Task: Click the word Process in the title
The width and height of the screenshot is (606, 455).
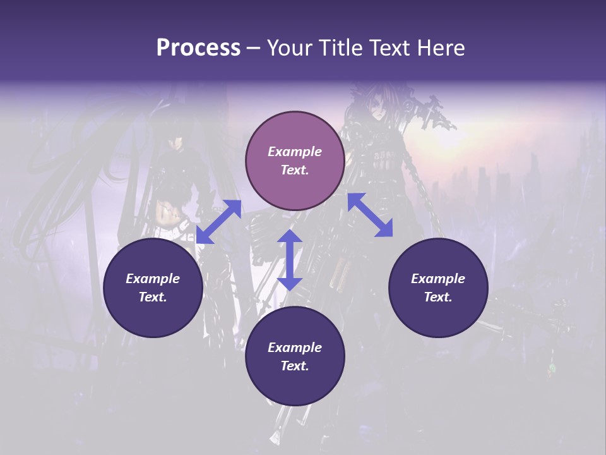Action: [x=198, y=48]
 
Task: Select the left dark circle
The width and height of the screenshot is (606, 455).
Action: [x=153, y=288]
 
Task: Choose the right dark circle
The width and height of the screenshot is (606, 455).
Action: [x=437, y=288]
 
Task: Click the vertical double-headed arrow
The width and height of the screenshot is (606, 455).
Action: [x=290, y=260]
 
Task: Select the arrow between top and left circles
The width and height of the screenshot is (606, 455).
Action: [x=218, y=222]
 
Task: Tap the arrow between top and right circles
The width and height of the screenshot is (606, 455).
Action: [x=370, y=215]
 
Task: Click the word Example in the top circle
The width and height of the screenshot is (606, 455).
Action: [x=295, y=152]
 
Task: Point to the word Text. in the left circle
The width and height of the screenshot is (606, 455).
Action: [x=153, y=297]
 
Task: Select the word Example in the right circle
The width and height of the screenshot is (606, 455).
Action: [x=437, y=279]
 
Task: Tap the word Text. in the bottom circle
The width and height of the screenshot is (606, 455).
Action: [x=295, y=366]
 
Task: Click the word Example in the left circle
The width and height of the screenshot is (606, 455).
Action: [x=153, y=279]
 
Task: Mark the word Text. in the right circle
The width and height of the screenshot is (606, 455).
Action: [x=437, y=297]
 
